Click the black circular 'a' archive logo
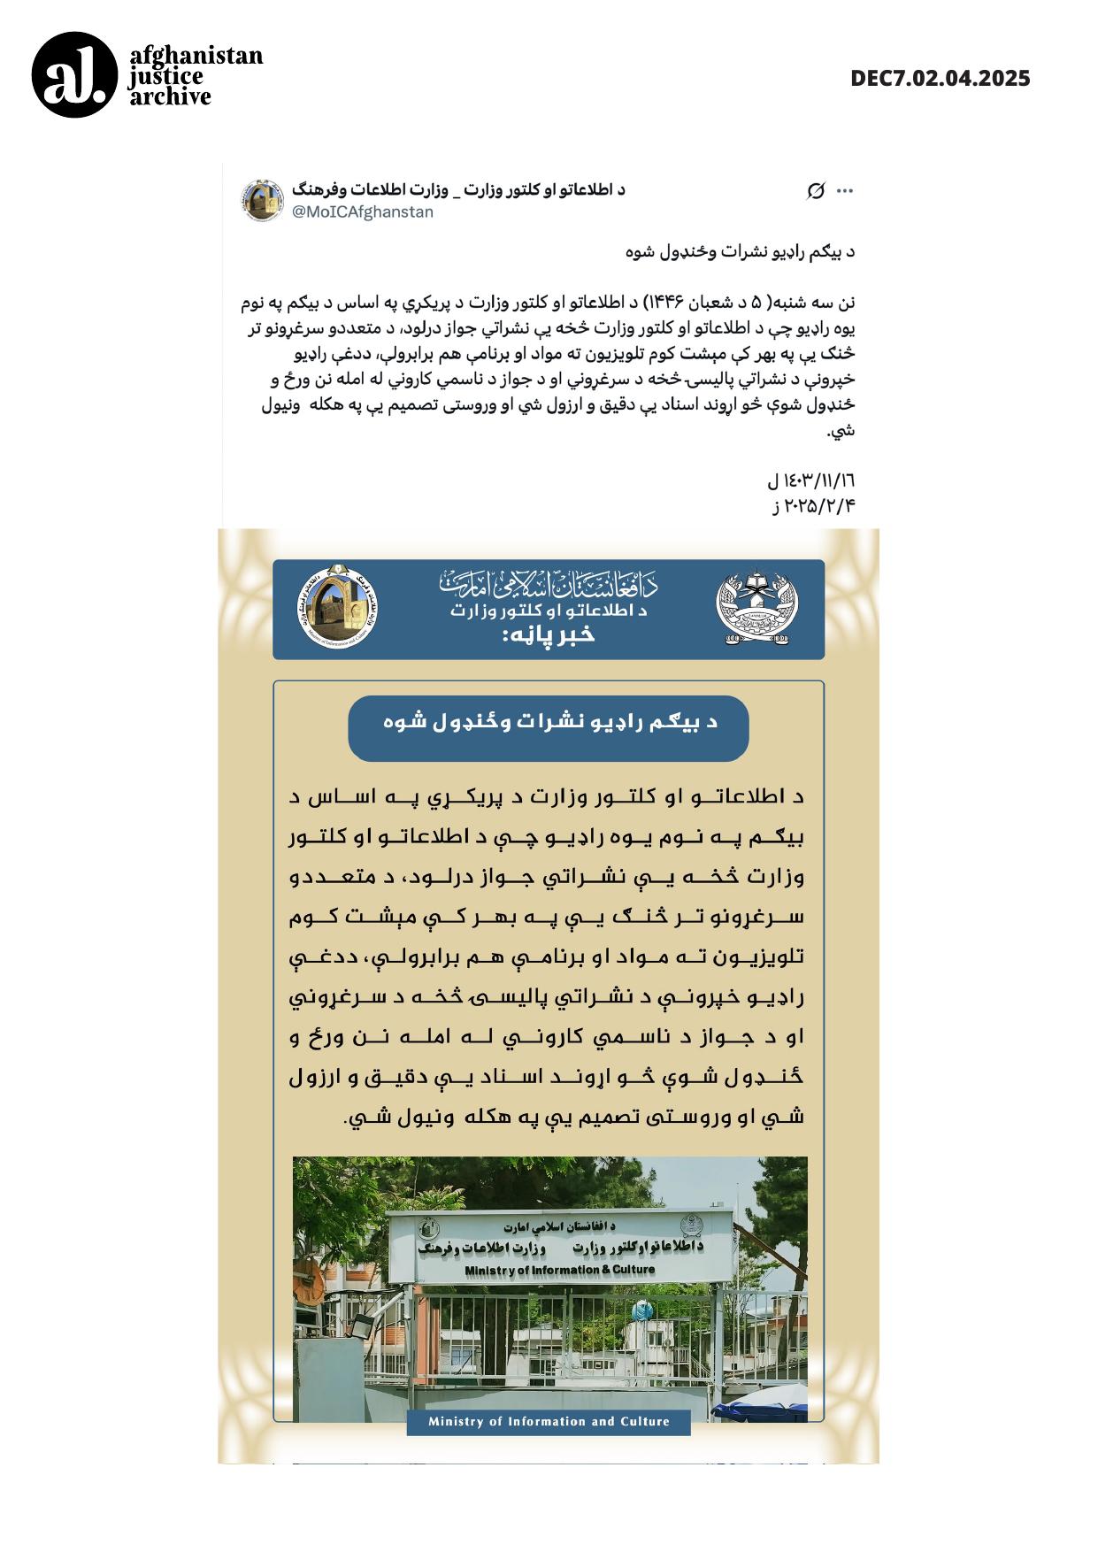coord(74,75)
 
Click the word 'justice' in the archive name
coord(165,77)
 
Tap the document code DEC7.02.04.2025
coord(940,78)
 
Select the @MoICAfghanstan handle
coord(362,212)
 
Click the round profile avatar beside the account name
coord(262,201)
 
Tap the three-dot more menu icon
coord(845,191)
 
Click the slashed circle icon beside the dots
coord(816,191)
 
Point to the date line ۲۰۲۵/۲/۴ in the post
coord(814,506)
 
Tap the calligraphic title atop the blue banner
coord(549,583)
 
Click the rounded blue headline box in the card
coord(549,727)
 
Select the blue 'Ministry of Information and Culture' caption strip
coord(549,1422)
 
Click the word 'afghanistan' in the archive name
coord(196,56)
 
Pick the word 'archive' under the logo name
coord(171,97)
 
